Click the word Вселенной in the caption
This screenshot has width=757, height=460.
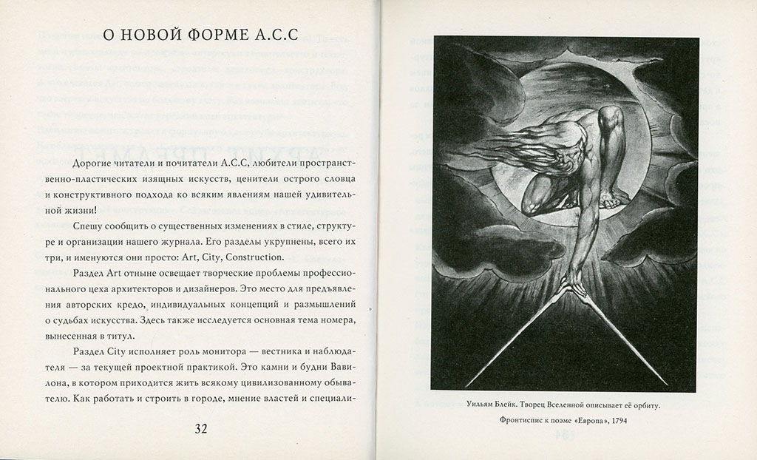point(577,406)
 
